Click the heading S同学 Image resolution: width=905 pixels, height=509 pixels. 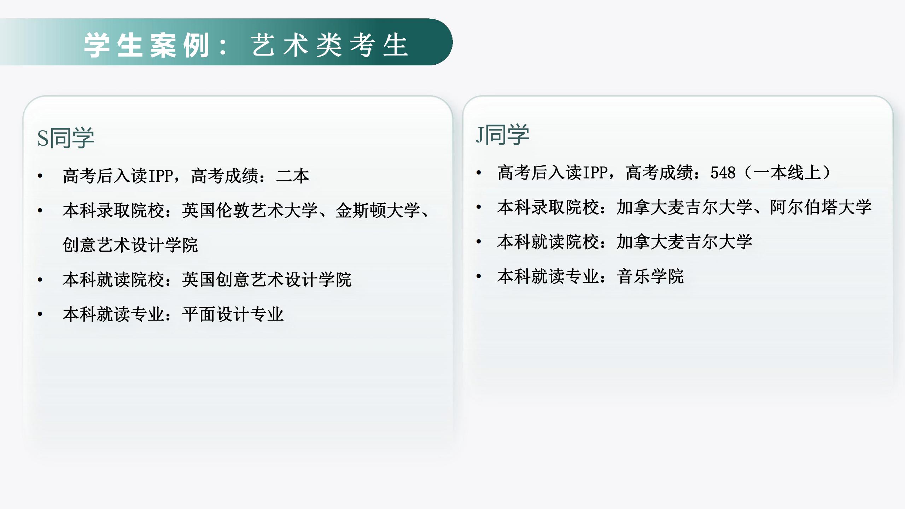[66, 138]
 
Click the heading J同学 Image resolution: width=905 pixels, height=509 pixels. [502, 135]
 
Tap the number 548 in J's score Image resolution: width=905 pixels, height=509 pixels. [723, 173]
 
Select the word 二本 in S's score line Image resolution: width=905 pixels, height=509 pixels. [293, 176]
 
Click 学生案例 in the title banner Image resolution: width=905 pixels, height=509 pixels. [146, 45]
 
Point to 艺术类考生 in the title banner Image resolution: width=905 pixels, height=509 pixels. [330, 45]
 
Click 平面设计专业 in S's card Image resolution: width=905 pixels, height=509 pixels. [233, 314]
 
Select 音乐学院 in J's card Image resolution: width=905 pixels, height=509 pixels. [650, 276]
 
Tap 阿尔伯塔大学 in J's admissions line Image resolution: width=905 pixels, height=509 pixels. [821, 207]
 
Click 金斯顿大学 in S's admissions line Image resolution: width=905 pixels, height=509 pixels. [378, 211]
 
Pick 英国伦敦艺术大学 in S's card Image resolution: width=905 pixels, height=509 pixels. [250, 211]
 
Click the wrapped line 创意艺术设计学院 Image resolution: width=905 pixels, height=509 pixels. [130, 245]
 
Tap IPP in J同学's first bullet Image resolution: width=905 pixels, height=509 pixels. [595, 173]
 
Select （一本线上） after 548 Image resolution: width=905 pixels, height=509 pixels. [788, 173]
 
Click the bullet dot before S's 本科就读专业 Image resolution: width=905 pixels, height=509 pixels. [40, 314]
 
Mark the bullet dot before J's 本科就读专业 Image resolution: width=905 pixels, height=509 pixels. [479, 276]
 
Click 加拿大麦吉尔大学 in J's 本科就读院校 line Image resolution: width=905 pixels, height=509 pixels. [684, 242]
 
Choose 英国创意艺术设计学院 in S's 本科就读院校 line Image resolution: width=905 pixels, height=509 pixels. [267, 280]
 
